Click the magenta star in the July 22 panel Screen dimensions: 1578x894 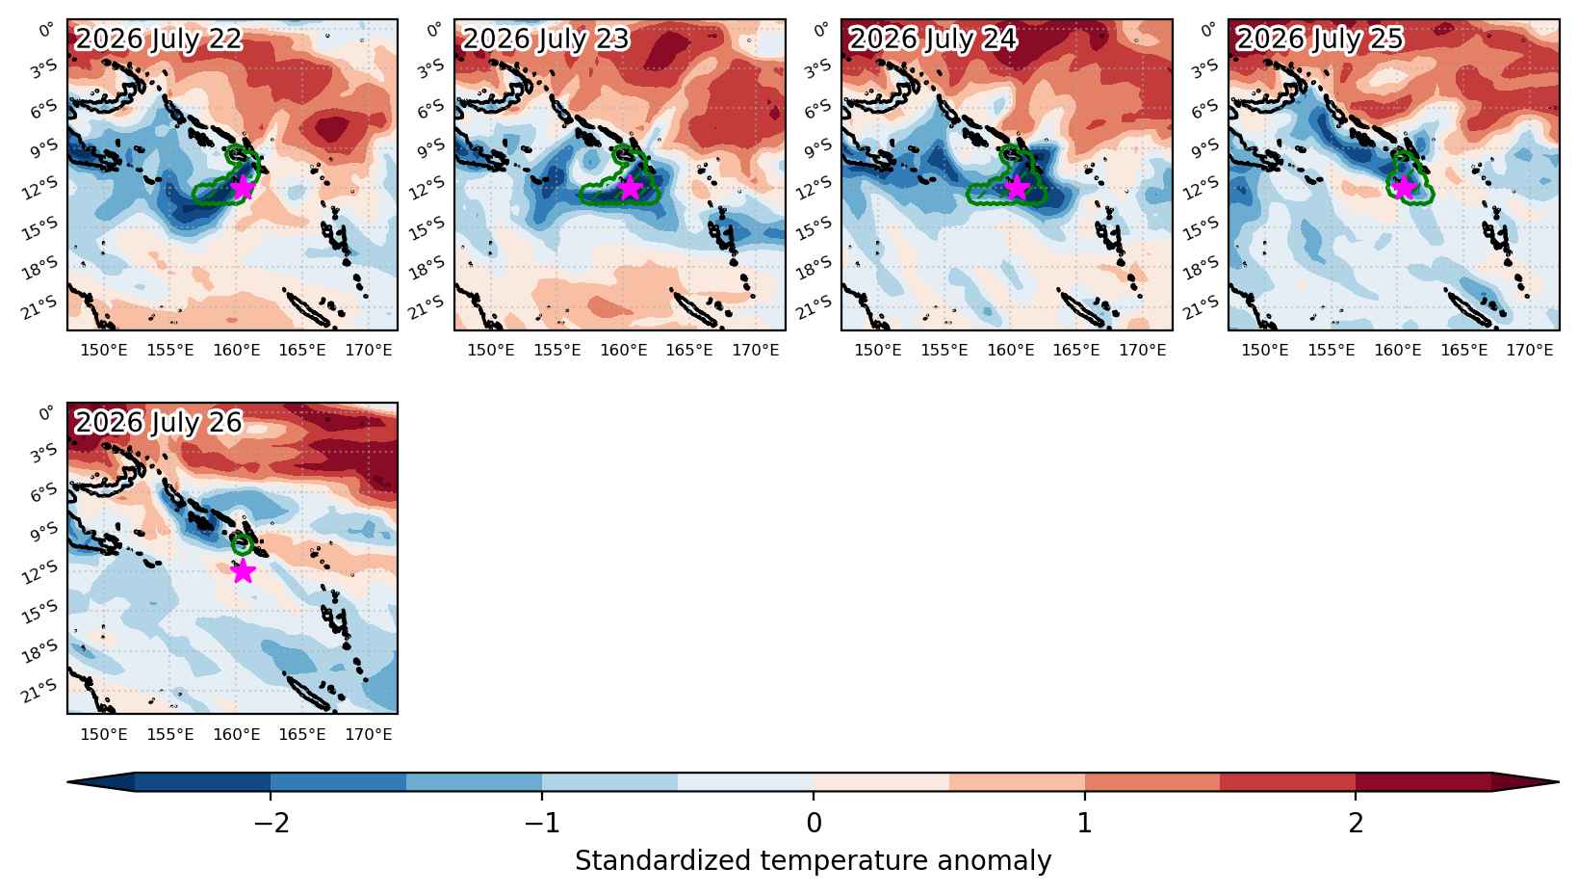pyautogui.click(x=243, y=188)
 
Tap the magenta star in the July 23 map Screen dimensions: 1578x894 pyautogui.click(x=629, y=188)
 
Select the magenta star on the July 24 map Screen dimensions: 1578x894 pyautogui.click(x=1017, y=188)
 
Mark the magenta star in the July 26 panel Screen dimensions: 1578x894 pyautogui.click(x=243, y=571)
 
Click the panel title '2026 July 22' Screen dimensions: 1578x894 pyautogui.click(x=159, y=39)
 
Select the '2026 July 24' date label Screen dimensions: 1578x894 pyautogui.click(x=933, y=39)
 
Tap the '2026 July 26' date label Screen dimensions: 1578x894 pyautogui.click(x=159, y=422)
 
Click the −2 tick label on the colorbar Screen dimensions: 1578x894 pyautogui.click(x=272, y=823)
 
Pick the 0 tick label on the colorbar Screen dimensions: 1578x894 pyautogui.click(x=814, y=823)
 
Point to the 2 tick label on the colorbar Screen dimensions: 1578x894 pyautogui.click(x=1357, y=823)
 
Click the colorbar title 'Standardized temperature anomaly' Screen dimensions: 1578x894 pyautogui.click(x=813, y=861)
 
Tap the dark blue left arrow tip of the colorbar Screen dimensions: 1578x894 pyautogui.click(x=68, y=782)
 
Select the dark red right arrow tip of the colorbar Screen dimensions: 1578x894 pyautogui.click(x=1558, y=782)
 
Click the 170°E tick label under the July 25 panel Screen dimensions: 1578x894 pyautogui.click(x=1530, y=351)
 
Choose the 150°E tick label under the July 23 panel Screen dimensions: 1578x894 pyautogui.click(x=491, y=351)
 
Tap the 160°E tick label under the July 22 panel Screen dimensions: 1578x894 pyautogui.click(x=237, y=351)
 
